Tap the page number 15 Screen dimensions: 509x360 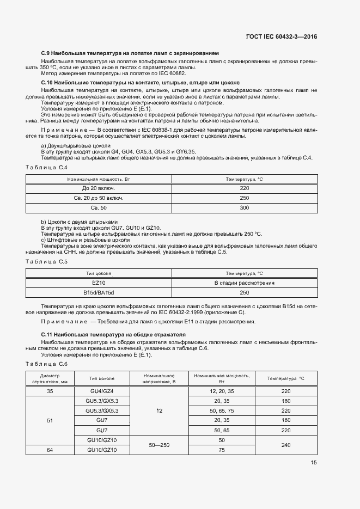314,463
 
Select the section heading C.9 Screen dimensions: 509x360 130,53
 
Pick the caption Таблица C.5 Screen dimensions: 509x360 47,262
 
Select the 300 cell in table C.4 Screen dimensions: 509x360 244,208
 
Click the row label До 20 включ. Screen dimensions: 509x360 99,188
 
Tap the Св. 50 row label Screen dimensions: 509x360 99,208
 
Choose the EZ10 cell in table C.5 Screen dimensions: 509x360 99,283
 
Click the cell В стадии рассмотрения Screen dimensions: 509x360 244,283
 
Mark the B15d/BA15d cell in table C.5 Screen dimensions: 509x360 99,293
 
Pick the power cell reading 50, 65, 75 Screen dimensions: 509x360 221,410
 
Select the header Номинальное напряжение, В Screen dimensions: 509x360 158,378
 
